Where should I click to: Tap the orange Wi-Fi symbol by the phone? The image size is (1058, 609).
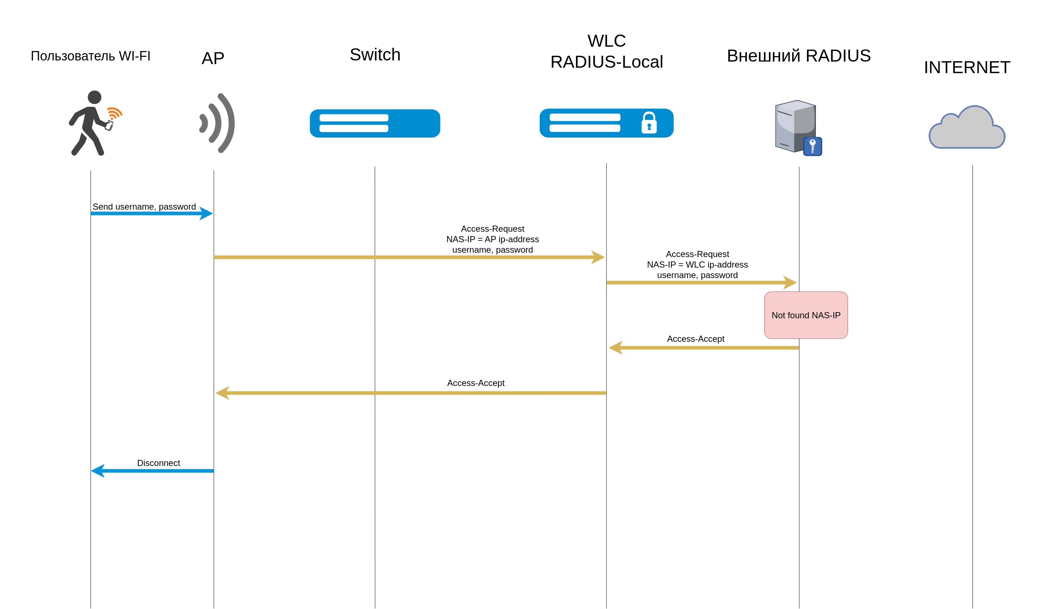114,113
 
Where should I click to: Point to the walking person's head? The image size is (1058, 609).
95,97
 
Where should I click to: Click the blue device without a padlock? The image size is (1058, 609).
375,123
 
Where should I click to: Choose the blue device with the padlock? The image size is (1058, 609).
606,123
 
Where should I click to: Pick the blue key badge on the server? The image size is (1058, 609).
812,146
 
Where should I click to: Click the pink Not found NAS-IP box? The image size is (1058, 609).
806,315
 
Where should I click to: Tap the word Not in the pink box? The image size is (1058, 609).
778,315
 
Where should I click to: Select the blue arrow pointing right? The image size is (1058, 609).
151,213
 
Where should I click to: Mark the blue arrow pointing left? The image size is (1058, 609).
152,471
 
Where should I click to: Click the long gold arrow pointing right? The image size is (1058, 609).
409,257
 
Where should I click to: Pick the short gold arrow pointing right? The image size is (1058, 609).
702,283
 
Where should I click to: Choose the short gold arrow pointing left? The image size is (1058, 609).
704,348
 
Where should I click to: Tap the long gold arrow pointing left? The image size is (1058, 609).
410,393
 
